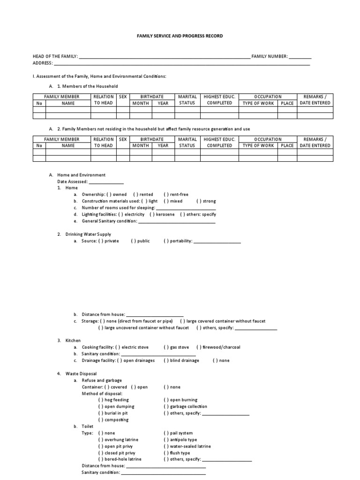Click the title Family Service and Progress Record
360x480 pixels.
pyautogui.click(x=180, y=36)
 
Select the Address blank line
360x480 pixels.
pyautogui.click(x=182, y=63)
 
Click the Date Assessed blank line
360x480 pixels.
pyautogui.click(x=106, y=181)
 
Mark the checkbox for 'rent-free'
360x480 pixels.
pyautogui.click(x=166, y=195)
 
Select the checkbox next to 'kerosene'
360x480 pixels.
pyautogui.click(x=152, y=214)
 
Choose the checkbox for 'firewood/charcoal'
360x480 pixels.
pyautogui.click(x=199, y=347)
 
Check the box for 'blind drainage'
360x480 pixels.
pyautogui.click(x=166, y=360)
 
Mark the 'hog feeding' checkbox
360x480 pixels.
pyautogui.click(x=101, y=400)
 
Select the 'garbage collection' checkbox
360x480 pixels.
pyautogui.click(x=166, y=406)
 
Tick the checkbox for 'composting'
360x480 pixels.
pyautogui.click(x=101, y=420)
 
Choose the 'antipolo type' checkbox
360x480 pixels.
pyautogui.click(x=166, y=440)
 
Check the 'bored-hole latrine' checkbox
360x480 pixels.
pyautogui.click(x=101, y=459)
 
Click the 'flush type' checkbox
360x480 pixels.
pyautogui.click(x=166, y=453)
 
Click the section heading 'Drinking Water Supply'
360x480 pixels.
pyautogui.click(x=88, y=234)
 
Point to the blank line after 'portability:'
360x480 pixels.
pyautogui.click(x=217, y=241)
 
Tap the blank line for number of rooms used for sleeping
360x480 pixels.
pyautogui.click(x=186, y=208)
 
